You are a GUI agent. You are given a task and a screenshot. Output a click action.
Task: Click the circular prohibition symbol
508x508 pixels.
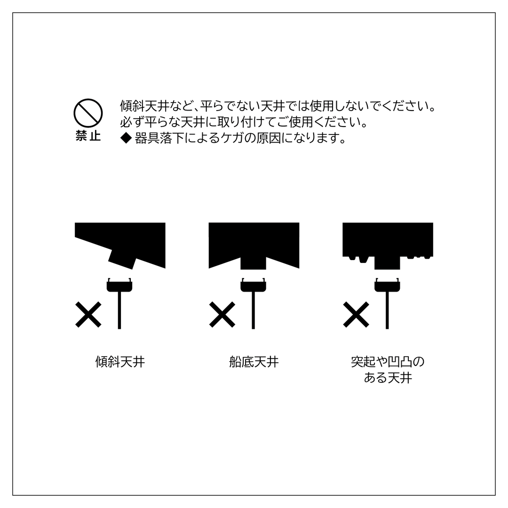88,113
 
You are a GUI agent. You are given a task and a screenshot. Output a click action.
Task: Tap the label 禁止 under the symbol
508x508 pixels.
88,136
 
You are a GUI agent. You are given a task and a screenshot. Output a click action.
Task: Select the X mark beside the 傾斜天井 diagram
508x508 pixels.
88,314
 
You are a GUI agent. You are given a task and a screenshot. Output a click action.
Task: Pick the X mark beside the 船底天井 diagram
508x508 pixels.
222,314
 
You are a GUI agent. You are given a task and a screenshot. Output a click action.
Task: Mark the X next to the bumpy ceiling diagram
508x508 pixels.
356,314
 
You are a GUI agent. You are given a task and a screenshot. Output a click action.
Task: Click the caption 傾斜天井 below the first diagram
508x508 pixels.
120,362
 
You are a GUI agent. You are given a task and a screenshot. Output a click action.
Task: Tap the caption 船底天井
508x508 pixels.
254,362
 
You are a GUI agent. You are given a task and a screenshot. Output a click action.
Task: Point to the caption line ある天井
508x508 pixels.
388,378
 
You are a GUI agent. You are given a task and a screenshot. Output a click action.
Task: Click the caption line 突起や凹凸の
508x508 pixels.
388,362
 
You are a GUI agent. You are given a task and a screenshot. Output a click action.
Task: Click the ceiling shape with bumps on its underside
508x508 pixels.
388,240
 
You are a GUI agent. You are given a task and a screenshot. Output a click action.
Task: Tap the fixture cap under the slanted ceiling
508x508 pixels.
119,286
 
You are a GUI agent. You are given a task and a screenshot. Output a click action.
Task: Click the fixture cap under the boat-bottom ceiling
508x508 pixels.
253,286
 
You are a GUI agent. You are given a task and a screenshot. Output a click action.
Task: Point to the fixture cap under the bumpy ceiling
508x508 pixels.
387,286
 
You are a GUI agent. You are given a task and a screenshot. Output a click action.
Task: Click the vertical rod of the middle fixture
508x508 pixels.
253,310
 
